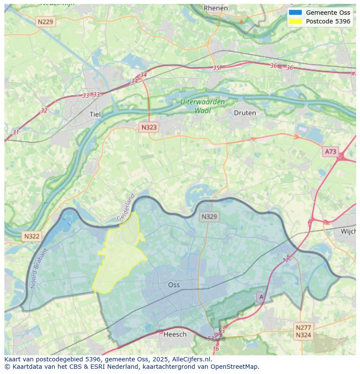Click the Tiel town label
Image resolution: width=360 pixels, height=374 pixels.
point(95,114)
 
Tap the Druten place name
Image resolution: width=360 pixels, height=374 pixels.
point(245,113)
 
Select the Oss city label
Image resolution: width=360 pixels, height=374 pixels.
point(174,285)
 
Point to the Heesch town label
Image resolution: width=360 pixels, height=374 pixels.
point(175,334)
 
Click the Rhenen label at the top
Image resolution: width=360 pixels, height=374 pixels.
point(216,8)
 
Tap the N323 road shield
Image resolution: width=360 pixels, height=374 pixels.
point(149,127)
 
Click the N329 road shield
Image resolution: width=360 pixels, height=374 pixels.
point(209,216)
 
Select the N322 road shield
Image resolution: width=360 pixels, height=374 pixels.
point(31,236)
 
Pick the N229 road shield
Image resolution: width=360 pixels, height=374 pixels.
point(46,22)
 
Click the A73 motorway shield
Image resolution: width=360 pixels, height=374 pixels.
point(330,152)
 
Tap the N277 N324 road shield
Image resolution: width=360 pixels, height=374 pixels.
point(303,331)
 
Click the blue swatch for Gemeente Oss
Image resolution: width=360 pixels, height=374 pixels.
point(295,13)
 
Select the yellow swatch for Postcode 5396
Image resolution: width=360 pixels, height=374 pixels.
point(295,21)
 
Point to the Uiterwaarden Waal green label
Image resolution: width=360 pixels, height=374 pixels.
point(203,106)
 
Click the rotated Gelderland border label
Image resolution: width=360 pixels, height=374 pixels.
point(126,208)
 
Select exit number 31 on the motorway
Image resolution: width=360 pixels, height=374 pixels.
point(16,132)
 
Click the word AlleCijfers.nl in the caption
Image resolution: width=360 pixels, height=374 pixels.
point(191,359)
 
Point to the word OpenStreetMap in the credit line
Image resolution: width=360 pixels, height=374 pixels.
point(234,367)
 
